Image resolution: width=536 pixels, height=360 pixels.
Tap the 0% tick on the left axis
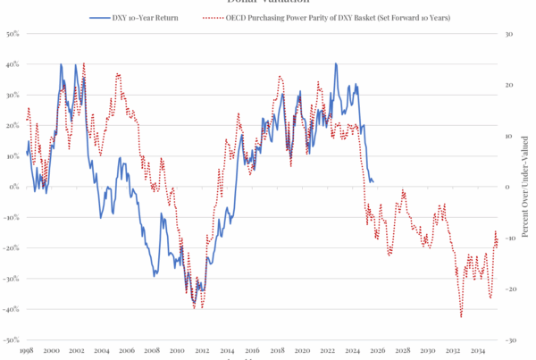pyautogui.click(x=14, y=188)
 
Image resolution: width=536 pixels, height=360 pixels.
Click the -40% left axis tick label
pyautogui.click(x=12, y=310)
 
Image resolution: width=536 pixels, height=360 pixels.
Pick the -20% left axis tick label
pyautogui.click(x=12, y=248)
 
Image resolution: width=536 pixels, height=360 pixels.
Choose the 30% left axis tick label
pyautogui.click(x=13, y=96)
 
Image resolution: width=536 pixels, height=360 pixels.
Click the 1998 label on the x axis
pyautogui.click(x=27, y=352)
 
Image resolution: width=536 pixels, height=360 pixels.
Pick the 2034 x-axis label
pyautogui.click(x=478, y=352)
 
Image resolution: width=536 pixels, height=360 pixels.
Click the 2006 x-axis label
pyautogui.click(x=127, y=352)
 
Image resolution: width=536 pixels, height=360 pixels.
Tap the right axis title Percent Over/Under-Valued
pyautogui.click(x=527, y=188)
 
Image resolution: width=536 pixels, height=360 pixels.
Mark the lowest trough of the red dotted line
pyautogui.click(x=461, y=316)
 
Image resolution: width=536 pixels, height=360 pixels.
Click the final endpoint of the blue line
pyautogui.click(x=373, y=181)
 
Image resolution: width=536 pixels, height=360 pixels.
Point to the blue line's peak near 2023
pyautogui.click(x=336, y=64)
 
